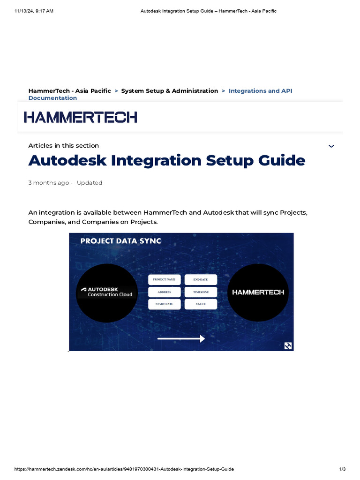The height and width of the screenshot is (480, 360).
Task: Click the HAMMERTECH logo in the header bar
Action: [81, 117]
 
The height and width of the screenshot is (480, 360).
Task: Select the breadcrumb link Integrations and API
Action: [260, 91]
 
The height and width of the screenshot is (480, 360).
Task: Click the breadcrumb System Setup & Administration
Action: [169, 91]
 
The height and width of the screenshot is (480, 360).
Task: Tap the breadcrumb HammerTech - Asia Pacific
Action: [69, 91]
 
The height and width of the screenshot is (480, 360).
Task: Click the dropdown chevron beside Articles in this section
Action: [331, 146]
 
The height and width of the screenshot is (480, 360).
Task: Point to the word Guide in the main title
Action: [282, 161]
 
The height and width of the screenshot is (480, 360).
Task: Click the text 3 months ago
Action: [48, 183]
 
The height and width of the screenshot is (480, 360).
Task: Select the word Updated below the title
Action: [90, 183]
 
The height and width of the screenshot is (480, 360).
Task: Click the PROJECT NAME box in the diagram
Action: [164, 279]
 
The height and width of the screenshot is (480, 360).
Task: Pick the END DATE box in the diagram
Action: [201, 279]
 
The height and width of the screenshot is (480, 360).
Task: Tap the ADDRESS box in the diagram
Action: [164, 292]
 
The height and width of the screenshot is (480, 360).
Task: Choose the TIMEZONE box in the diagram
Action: [201, 292]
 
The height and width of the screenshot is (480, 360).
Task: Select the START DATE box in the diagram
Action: [164, 304]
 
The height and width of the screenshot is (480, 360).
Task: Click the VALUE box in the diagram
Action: [201, 304]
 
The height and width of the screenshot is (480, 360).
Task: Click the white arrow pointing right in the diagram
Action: [181, 338]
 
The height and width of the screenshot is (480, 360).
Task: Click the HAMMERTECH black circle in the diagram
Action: [258, 292]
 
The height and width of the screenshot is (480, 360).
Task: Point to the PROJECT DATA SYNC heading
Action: [120, 241]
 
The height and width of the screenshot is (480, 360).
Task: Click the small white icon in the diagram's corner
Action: [288, 346]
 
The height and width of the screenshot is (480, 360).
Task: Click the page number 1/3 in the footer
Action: [342, 469]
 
